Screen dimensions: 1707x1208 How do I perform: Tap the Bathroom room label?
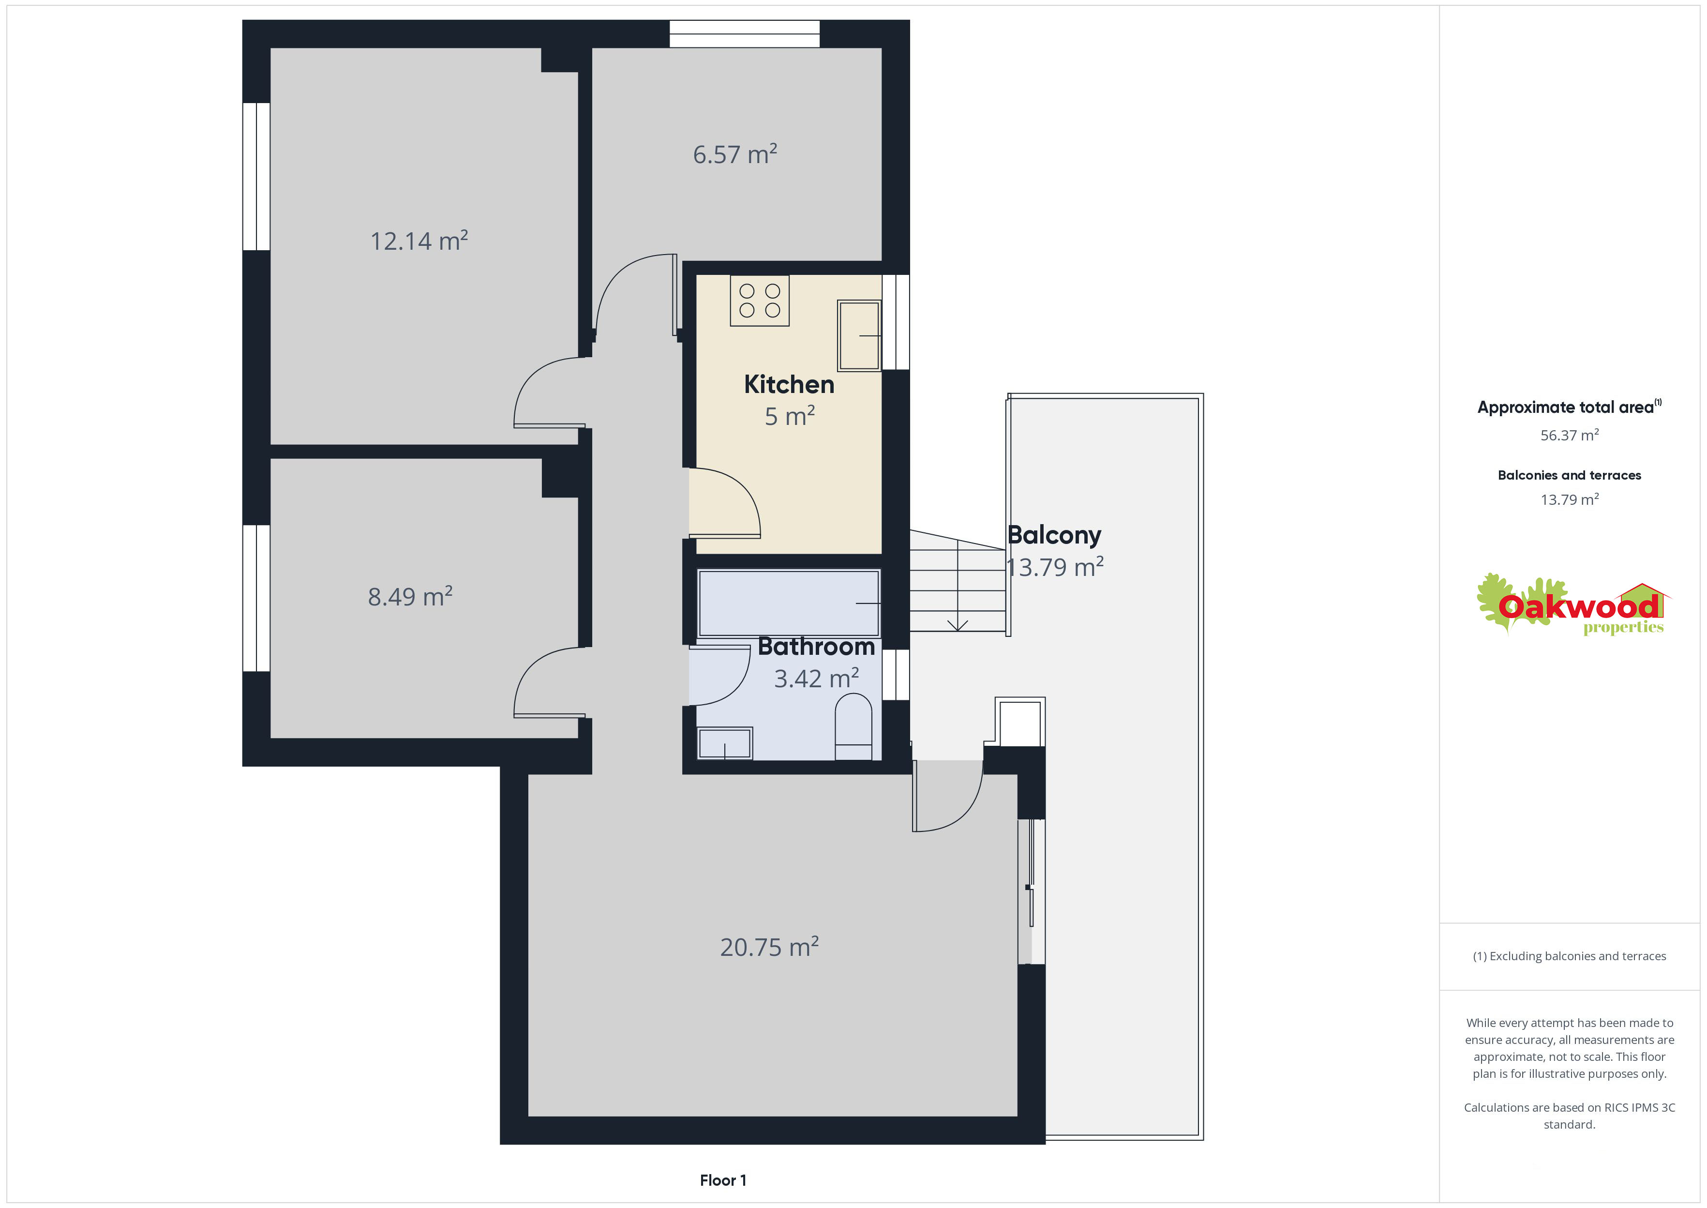(816, 647)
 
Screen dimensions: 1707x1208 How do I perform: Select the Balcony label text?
(1054, 536)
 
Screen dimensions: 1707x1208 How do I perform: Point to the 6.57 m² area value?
(735, 154)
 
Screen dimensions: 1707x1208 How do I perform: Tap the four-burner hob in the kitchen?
(760, 301)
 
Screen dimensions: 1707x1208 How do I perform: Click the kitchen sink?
(859, 335)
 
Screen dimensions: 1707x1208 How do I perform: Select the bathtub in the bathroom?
(789, 603)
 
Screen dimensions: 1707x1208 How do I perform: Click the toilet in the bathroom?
(853, 727)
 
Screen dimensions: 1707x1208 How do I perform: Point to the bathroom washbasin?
(725, 743)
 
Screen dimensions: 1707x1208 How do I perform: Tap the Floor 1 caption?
(723, 1180)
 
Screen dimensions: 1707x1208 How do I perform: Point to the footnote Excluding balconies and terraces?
(1570, 956)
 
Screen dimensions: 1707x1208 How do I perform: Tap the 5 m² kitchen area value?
(790, 416)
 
